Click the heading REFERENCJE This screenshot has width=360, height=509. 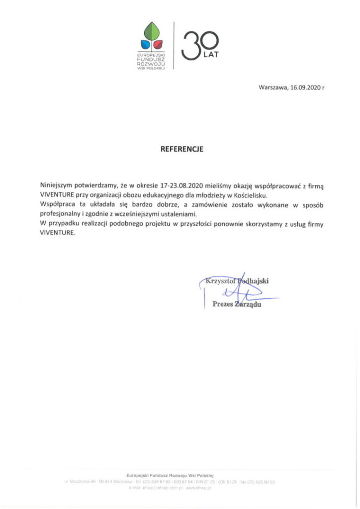[181, 149]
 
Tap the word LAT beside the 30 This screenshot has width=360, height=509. [211, 54]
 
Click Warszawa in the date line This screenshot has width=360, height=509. [273, 87]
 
